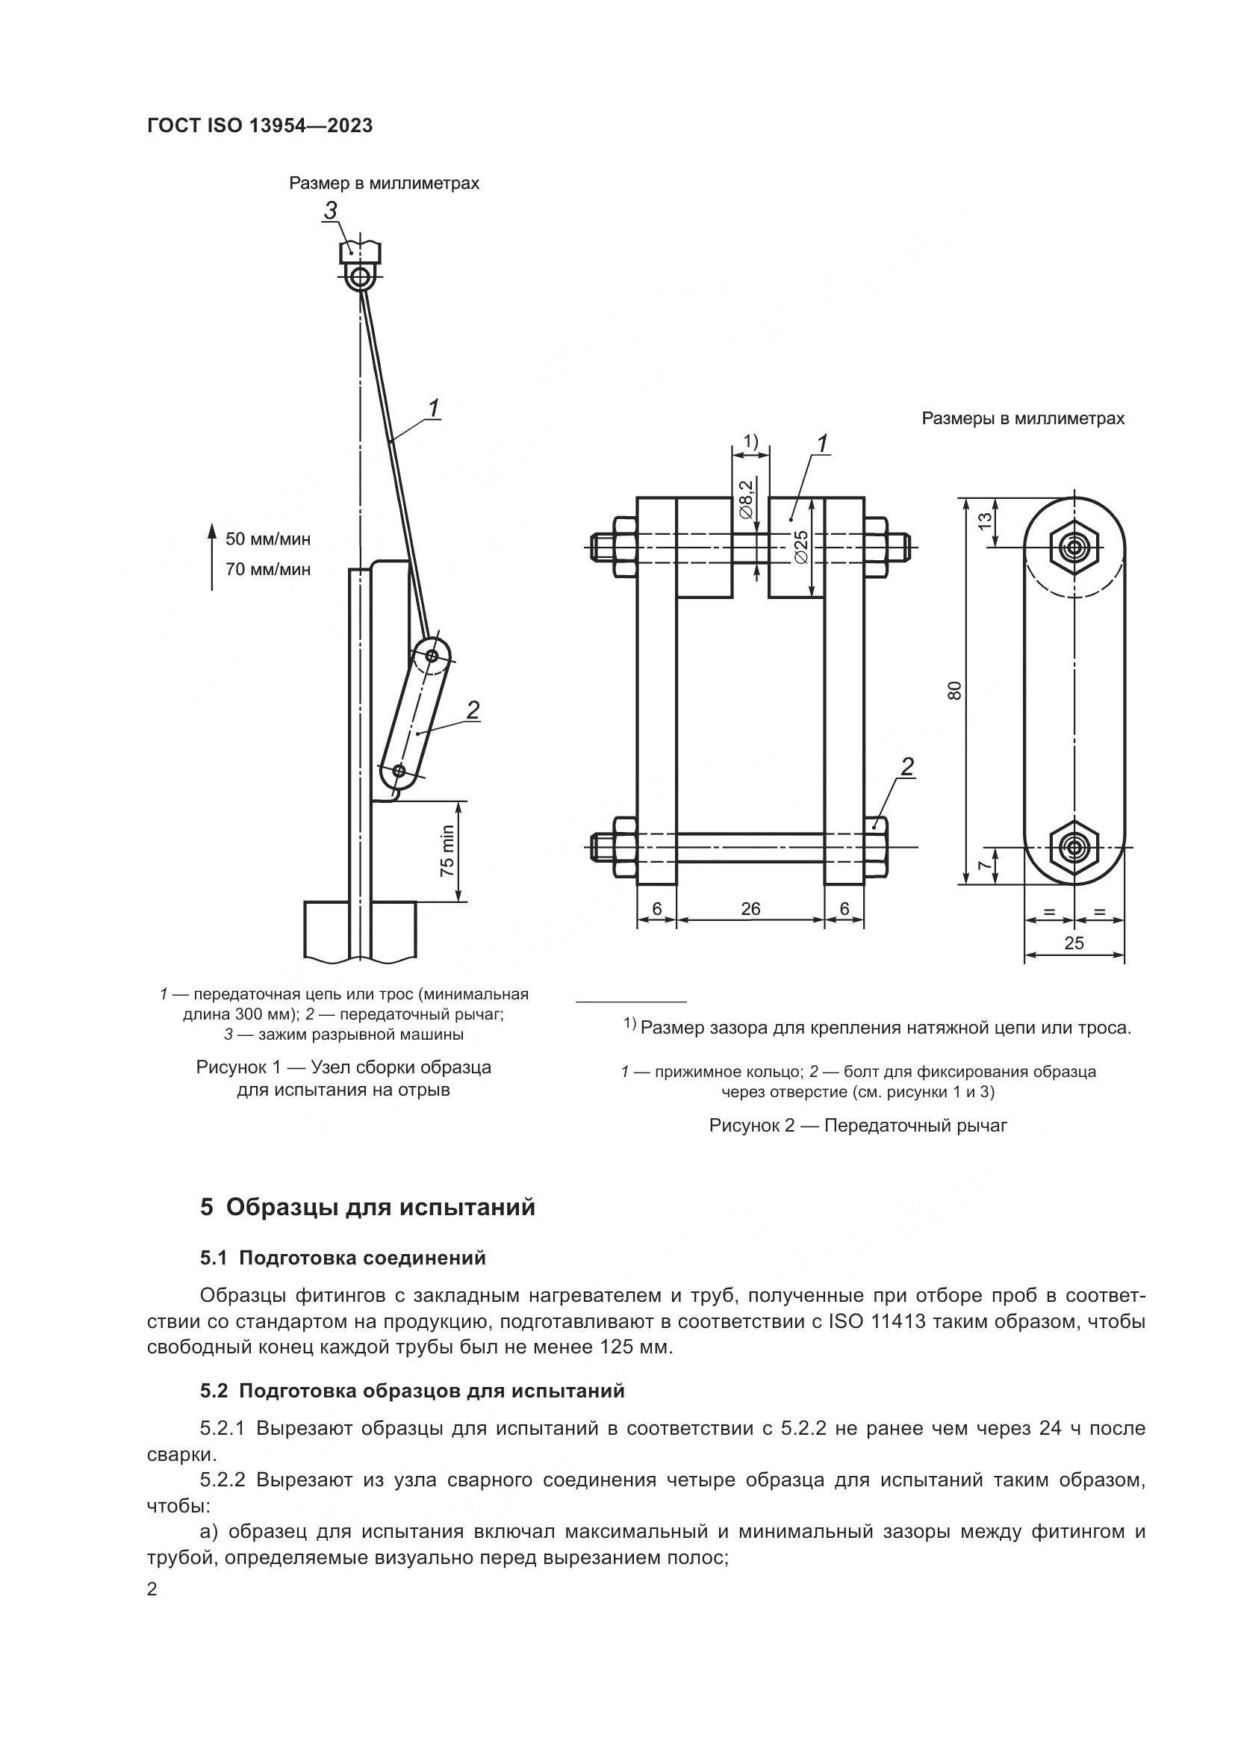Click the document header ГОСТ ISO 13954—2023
pos(260,126)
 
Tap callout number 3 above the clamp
pos(331,211)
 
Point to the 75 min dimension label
pos(447,851)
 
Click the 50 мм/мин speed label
pos(268,539)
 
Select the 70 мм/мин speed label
pos(268,569)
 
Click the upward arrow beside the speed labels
pos(212,556)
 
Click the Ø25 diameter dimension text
pos(800,546)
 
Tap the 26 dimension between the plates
pos(750,909)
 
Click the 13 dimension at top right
pos(985,521)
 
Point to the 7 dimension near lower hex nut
pos(985,866)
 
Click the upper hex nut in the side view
pos(1074,546)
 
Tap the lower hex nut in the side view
pos(1074,846)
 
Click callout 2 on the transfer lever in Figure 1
pos(472,710)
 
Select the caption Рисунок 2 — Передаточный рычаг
pos(858,1126)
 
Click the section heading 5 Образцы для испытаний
pos(367,1208)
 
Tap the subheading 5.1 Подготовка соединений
pos(342,1258)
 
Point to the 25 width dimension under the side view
pos(1074,943)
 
